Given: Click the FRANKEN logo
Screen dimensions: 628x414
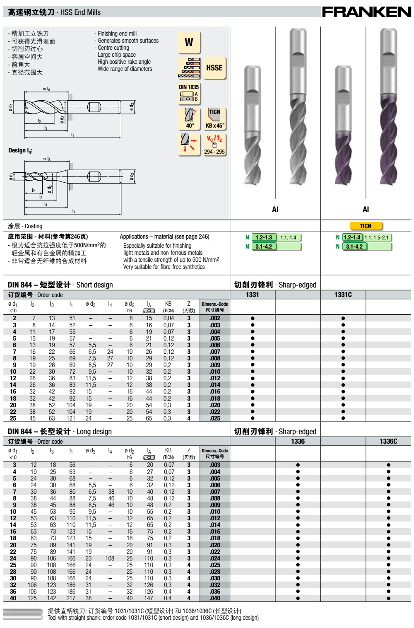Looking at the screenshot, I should [366, 12].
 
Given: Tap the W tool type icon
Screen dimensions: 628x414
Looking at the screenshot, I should [189, 42].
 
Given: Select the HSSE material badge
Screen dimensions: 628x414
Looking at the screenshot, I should [214, 68].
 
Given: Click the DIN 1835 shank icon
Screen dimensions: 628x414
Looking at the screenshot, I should [189, 93].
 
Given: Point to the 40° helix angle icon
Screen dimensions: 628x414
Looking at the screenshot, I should [189, 118].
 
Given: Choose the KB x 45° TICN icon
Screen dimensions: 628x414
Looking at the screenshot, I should [214, 118].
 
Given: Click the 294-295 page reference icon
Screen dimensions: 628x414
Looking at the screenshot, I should [214, 144].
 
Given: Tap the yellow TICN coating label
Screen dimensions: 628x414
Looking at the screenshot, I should [366, 226].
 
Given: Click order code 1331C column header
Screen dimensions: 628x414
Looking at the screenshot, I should [343, 295].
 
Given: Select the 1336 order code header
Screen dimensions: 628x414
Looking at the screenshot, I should [298, 441].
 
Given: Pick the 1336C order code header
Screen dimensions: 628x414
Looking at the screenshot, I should [388, 441].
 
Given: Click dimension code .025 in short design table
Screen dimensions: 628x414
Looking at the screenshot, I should [214, 418].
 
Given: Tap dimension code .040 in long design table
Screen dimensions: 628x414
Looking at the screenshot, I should [214, 598].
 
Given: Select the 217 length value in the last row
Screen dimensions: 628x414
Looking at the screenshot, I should [71, 598].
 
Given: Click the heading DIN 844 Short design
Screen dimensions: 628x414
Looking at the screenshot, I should [60, 285].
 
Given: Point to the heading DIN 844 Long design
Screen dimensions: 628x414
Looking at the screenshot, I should [60, 432].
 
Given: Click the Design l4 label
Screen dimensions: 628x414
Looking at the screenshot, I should [20, 150].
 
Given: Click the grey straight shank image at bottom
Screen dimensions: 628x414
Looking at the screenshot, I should [23, 614].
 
